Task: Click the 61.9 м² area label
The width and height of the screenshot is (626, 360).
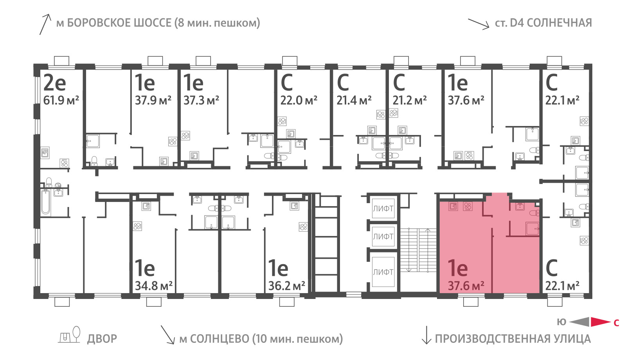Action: [x=61, y=100]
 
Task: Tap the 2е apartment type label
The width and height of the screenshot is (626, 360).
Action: [x=55, y=83]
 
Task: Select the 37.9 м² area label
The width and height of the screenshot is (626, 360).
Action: [x=153, y=100]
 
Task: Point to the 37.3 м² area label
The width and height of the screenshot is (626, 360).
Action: [x=201, y=100]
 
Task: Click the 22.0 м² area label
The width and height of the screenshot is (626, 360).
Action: [x=299, y=100]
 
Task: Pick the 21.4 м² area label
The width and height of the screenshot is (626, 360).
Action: [x=354, y=100]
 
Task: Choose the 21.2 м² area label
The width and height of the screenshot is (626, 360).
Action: [x=410, y=100]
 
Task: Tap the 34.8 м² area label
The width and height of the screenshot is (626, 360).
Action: [x=153, y=286]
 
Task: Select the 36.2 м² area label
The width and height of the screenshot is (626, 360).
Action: [x=287, y=286]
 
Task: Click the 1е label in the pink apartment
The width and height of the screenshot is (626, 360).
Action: [x=458, y=268]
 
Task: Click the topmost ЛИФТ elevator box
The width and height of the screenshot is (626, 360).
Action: [x=383, y=209]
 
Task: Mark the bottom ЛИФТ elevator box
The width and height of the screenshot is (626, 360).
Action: [x=383, y=272]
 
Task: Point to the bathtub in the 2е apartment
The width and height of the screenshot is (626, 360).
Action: [x=45, y=202]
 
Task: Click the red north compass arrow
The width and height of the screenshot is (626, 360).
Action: [x=601, y=322]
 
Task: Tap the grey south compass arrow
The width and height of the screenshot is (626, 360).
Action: [x=579, y=322]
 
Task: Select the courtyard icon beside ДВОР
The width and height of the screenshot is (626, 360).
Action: [x=69, y=335]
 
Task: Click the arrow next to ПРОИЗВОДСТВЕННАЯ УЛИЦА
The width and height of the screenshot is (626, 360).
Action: [x=426, y=335]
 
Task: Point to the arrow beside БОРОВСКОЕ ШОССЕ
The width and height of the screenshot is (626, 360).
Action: [x=45, y=24]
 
